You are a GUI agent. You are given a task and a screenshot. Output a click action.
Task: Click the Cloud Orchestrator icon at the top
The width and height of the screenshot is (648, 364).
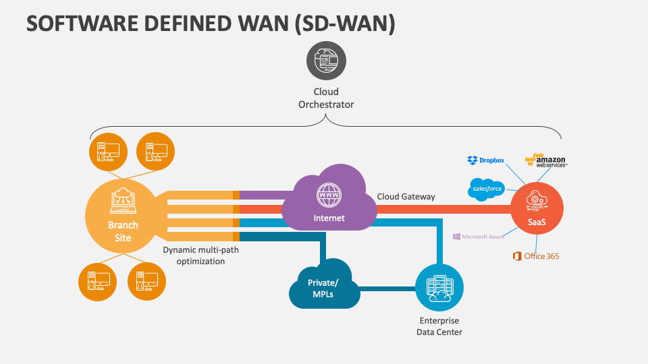click(326, 61)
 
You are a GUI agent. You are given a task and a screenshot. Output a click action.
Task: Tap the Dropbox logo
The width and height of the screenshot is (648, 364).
click(486, 160)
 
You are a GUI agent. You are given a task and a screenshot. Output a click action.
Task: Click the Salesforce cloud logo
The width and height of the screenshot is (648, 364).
click(486, 189)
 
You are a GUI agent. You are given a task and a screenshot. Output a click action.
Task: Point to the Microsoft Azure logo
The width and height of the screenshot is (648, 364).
click(479, 237)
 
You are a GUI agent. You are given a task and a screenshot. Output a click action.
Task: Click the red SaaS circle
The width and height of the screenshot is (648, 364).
click(537, 208)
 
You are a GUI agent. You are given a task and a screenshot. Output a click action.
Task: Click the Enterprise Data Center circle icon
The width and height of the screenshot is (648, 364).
click(439, 288)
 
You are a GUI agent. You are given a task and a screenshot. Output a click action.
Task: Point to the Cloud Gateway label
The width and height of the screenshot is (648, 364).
click(406, 197)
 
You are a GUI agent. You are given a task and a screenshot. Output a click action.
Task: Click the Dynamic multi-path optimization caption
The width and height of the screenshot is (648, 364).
click(200, 255)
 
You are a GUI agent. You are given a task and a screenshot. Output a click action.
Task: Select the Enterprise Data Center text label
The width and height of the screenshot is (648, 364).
click(439, 326)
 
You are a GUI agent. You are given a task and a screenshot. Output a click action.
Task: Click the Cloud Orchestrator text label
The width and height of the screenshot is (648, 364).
click(326, 98)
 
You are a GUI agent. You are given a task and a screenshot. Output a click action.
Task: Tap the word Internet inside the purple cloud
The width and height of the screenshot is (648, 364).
click(329, 218)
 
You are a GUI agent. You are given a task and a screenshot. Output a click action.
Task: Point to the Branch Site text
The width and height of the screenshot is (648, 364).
click(123, 231)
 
